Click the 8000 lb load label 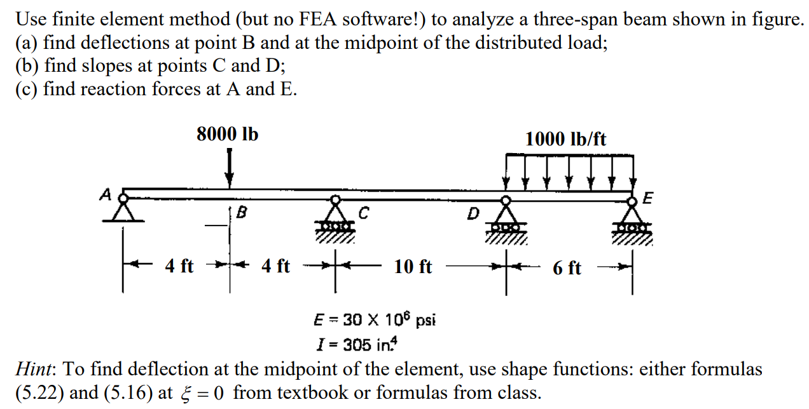tap(227, 135)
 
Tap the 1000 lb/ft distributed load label tap(565, 139)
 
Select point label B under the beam tap(241, 213)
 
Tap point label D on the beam tap(473, 214)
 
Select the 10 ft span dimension tap(413, 267)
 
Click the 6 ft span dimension tap(566, 268)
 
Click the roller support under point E tap(633, 219)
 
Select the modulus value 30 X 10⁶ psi tap(388, 319)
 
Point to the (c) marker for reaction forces tap(26, 89)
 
